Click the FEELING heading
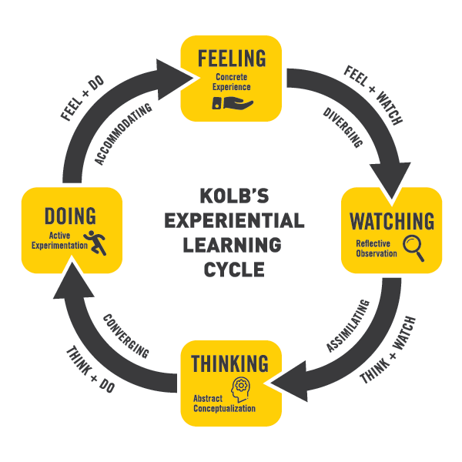coord(231,59)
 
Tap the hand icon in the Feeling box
coord(234,102)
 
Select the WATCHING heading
coord(392,221)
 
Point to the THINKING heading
coord(231,363)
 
